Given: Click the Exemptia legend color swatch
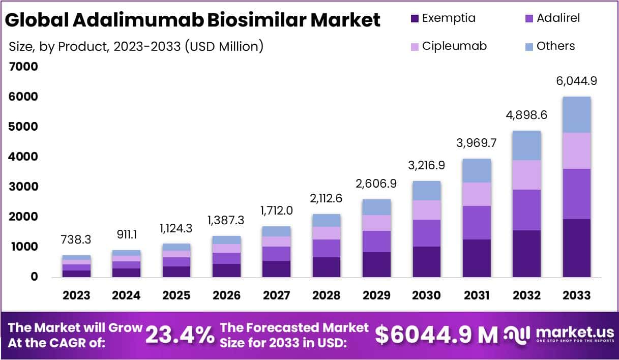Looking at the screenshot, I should pos(414,19).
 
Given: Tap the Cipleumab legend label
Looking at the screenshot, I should pos(454,46).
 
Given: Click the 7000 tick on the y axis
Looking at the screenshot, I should pos(23,67).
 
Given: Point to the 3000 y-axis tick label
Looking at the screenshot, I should pos(23,187).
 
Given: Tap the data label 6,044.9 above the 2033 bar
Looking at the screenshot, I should pos(576,81).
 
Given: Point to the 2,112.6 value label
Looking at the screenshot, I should pos(326,198).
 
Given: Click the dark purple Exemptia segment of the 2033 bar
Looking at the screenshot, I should pos(576,248).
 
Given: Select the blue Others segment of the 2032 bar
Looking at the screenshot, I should pos(526,145).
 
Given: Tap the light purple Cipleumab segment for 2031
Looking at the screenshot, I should pos(477,194).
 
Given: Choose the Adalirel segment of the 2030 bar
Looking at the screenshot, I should pos(426,233).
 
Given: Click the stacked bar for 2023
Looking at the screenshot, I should pos(77,266).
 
